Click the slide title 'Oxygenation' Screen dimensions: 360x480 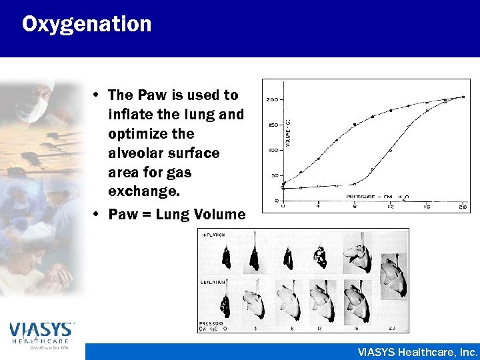pos(87,25)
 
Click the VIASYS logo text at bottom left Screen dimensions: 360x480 pos(42,329)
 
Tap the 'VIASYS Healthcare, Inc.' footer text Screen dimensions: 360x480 pos(417,352)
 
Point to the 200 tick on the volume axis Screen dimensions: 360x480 pos(272,99)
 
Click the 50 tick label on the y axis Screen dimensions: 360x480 pos(273,175)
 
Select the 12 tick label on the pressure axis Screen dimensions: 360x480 pos(389,205)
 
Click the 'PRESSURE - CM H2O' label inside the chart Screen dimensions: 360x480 pos(377,197)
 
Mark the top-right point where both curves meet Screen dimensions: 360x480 pos(463,97)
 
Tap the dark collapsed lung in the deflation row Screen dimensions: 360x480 pos(227,306)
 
